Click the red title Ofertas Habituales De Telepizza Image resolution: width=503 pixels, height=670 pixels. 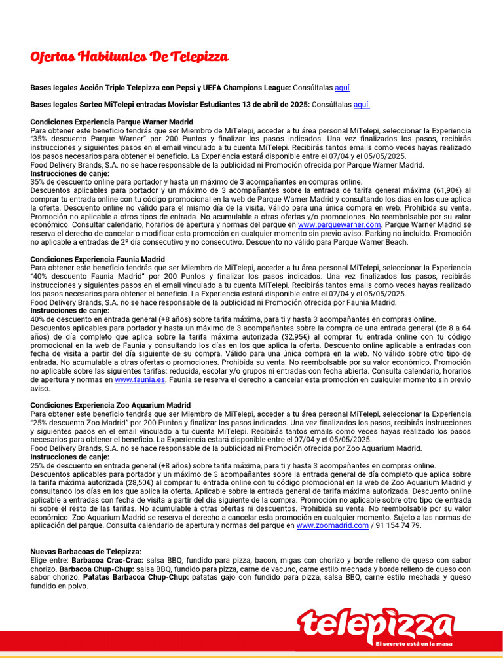pyautogui.click(x=129, y=57)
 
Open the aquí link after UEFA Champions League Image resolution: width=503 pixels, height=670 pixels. pyautogui.click(x=342, y=88)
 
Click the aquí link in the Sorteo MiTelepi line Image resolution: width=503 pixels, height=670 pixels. pyautogui.click(x=362, y=105)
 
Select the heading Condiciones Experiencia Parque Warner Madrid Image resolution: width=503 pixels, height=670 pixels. pyautogui.click(x=111, y=122)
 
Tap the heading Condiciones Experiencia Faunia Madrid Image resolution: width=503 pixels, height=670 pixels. pyautogui.click(x=98, y=259)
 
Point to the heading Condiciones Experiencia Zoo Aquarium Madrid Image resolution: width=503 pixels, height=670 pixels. pyautogui.click(x=111, y=406)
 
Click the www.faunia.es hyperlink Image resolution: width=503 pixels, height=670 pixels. pyautogui.click(x=140, y=379)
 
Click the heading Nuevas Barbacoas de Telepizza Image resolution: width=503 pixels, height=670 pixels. pyautogui.click(x=86, y=552)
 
